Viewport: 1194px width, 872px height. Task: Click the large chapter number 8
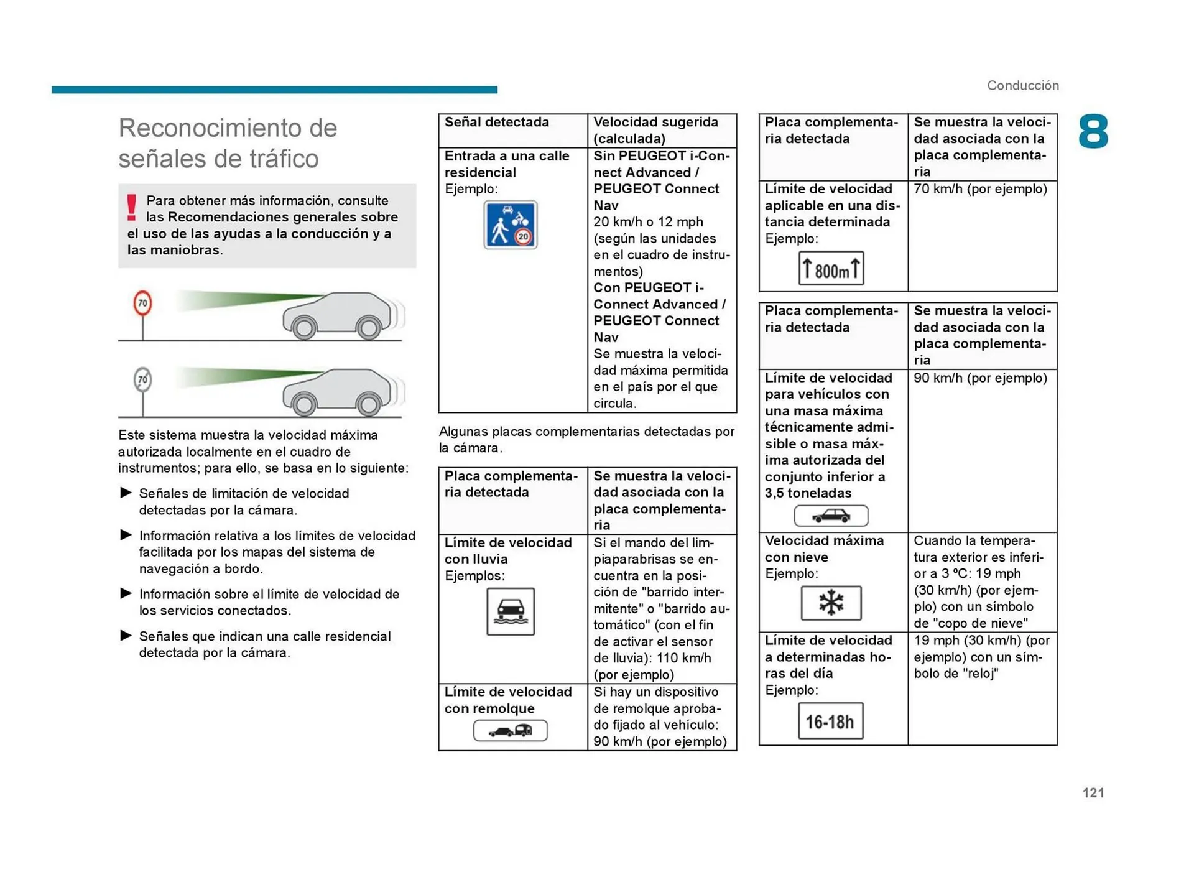[x=1093, y=131]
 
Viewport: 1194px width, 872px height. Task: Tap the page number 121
[x=1093, y=792]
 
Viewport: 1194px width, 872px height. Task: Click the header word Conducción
[x=1022, y=85]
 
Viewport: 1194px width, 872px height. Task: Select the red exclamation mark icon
[x=131, y=207]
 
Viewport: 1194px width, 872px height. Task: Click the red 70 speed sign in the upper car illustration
[x=142, y=304]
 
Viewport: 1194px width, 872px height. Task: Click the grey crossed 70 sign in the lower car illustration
[x=142, y=379]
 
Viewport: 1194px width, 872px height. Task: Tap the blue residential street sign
[x=510, y=225]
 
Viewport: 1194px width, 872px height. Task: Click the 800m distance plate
[x=830, y=269]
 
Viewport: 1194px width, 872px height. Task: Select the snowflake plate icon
[x=830, y=603]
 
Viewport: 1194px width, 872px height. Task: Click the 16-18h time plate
[x=830, y=721]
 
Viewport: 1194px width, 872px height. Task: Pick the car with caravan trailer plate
[x=510, y=730]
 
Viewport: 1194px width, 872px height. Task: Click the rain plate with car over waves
[x=510, y=611]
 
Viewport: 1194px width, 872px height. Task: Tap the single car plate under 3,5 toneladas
[x=830, y=516]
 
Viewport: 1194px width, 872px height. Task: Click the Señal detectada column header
[x=496, y=123]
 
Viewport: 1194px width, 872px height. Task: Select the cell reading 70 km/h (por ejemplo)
[x=980, y=189]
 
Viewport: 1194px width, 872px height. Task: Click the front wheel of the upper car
[x=304, y=328]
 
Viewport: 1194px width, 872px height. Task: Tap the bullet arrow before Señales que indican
[x=126, y=636]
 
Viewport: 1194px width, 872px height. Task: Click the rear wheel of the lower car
[x=368, y=405]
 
